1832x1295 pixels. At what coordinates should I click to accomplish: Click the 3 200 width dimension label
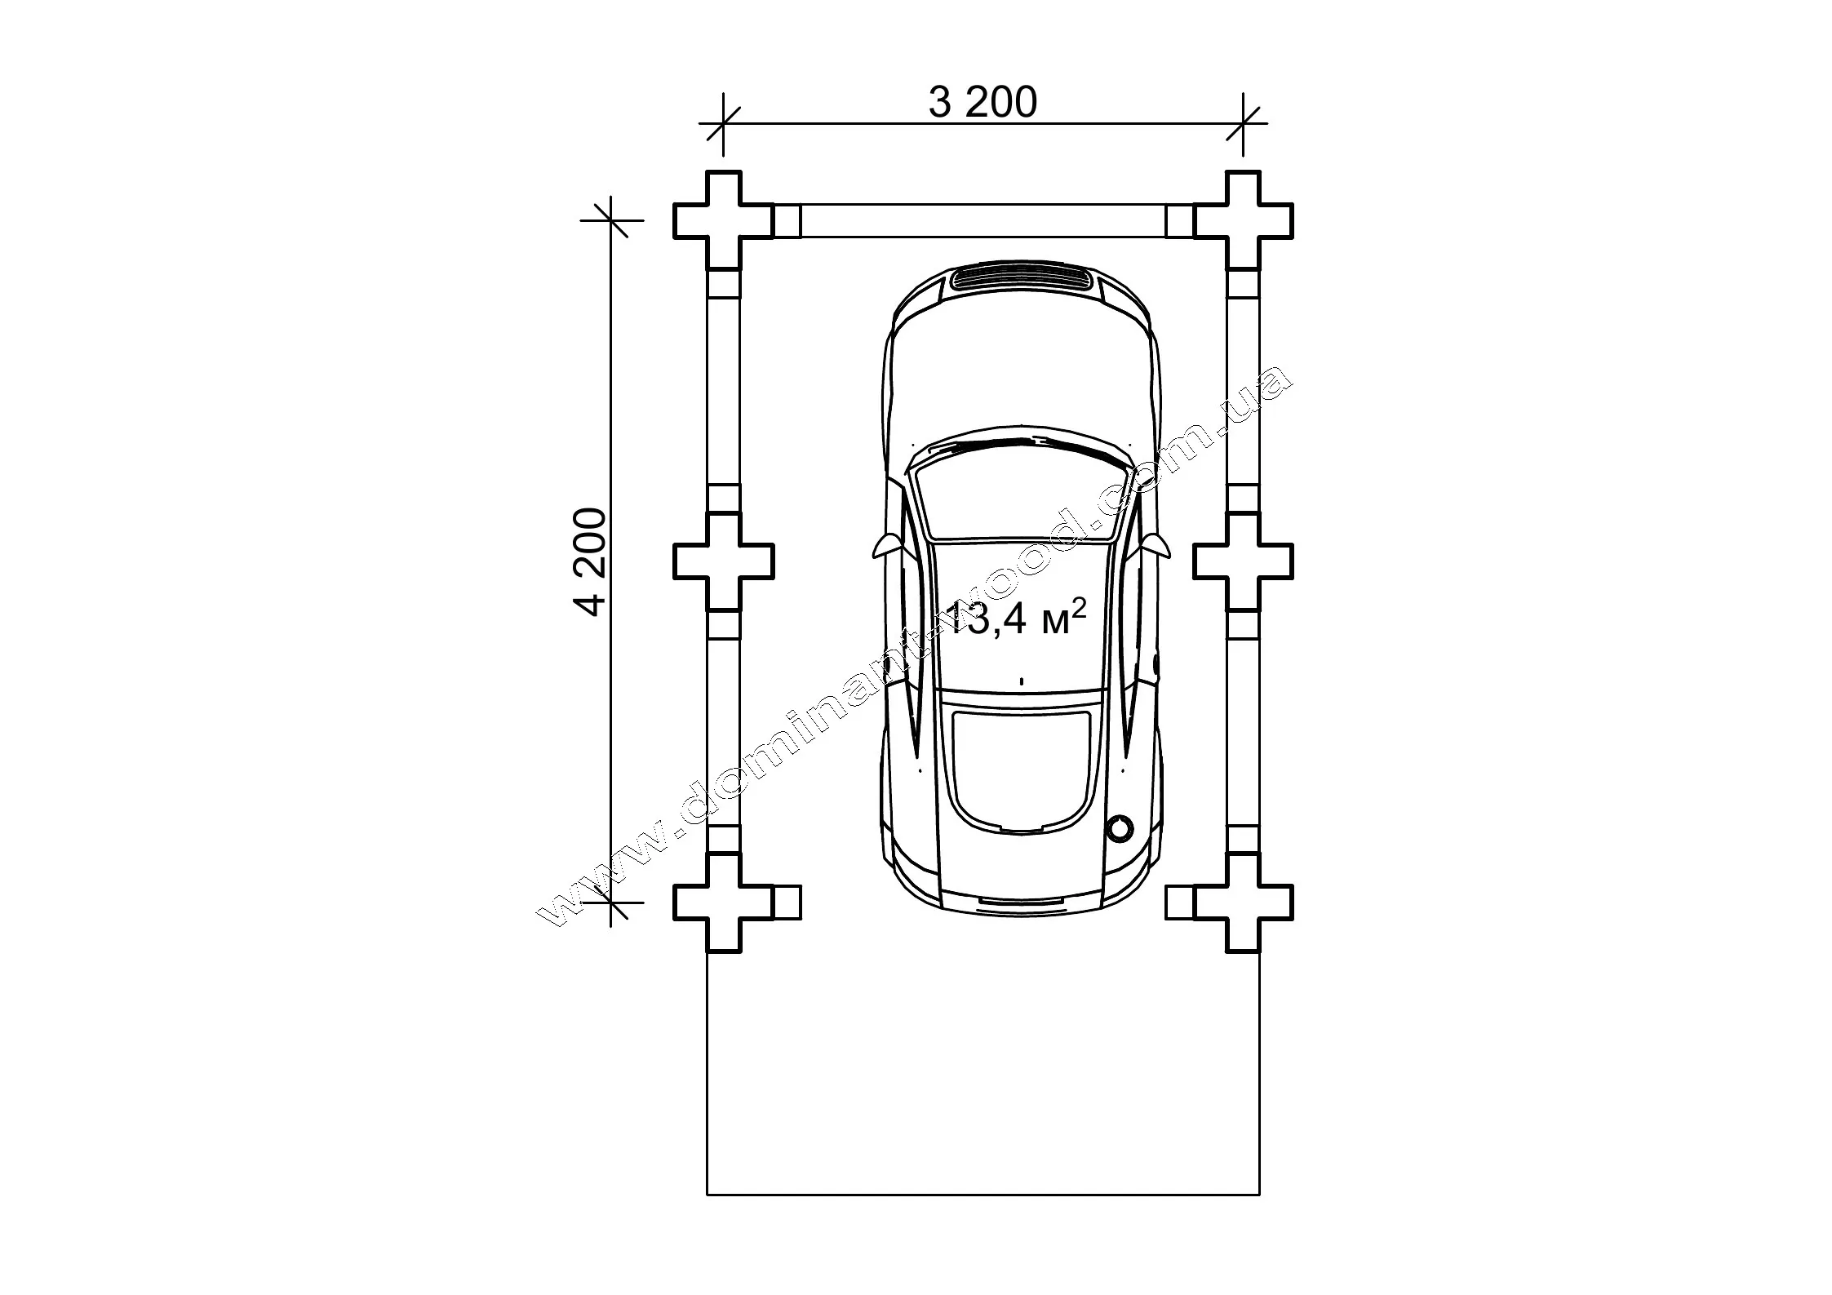point(983,103)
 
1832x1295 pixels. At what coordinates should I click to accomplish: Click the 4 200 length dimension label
point(590,562)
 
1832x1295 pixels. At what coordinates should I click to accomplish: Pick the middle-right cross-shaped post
point(1243,561)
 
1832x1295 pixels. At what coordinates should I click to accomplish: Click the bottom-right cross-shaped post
point(1243,903)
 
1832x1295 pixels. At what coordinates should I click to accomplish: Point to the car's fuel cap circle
point(1120,828)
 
